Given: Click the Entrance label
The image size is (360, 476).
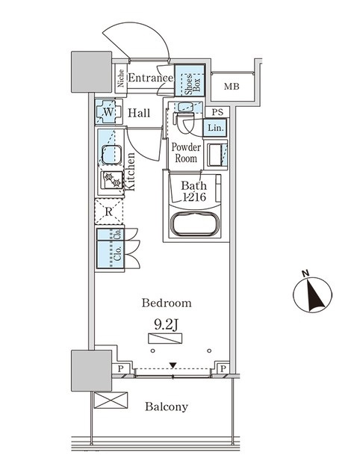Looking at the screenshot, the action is [151, 78].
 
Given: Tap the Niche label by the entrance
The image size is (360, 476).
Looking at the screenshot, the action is [121, 78].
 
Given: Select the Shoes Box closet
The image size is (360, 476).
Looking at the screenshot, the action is [190, 81].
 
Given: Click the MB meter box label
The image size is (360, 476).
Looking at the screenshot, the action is [232, 87].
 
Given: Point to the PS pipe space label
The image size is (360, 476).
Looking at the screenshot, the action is [217, 112].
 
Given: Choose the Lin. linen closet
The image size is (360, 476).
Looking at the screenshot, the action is [215, 128].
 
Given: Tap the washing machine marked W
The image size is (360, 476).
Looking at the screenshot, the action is [108, 112].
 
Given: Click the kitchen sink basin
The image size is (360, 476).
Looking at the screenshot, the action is [111, 155].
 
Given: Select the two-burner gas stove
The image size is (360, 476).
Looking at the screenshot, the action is [112, 179].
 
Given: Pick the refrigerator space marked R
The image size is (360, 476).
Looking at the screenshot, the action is [109, 211].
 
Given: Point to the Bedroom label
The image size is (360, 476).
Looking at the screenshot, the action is [167, 303].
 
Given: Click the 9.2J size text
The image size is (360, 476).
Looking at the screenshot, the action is [165, 325].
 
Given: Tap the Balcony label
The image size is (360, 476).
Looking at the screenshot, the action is [167, 407].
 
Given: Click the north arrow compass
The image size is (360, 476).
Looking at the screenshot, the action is [312, 292].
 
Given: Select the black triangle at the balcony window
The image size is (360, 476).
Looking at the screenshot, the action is [173, 365].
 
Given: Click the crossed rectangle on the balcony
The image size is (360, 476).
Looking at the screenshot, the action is [111, 400].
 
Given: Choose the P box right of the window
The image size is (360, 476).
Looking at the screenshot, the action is [223, 368].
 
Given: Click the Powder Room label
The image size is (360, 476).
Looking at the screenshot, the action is [186, 152].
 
